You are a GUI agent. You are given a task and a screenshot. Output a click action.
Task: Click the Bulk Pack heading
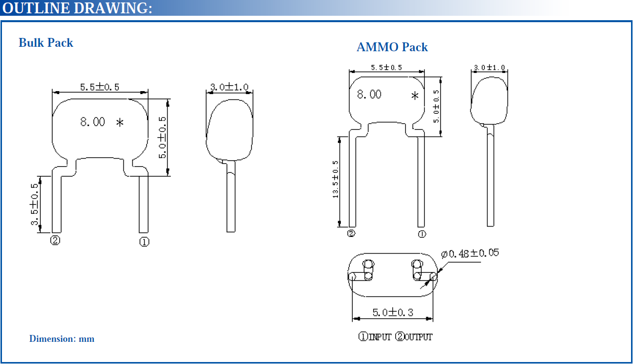46,43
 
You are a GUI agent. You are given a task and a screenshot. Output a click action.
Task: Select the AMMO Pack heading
392,47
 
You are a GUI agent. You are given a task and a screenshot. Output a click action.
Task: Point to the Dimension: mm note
62,339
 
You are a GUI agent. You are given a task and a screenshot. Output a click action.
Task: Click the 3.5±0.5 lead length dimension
35,204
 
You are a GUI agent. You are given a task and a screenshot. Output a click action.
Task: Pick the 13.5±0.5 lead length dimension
336,180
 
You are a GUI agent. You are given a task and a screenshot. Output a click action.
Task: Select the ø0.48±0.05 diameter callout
470,253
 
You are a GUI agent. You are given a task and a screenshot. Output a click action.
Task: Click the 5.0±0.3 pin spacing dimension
393,312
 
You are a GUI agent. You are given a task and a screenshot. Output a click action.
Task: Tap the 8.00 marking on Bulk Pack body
93,122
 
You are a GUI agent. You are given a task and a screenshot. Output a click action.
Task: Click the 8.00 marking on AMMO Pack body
369,95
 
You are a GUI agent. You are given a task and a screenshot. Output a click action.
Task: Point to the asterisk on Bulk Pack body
120,123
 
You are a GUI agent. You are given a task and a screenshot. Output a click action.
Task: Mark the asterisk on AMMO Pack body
415,96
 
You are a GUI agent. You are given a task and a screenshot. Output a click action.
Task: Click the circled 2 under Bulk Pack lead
55,241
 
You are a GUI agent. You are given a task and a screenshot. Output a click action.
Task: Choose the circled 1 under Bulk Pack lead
144,241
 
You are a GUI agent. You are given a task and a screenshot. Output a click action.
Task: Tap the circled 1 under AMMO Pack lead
422,234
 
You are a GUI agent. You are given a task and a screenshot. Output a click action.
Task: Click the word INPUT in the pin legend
380,337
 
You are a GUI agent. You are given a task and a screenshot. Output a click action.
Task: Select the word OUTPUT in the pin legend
418,337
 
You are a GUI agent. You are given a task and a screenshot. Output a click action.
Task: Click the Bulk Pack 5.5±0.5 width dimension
100,87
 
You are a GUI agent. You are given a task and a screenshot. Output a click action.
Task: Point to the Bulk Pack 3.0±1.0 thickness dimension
229,87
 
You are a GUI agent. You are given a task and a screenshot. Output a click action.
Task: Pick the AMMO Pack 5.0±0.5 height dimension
436,106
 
